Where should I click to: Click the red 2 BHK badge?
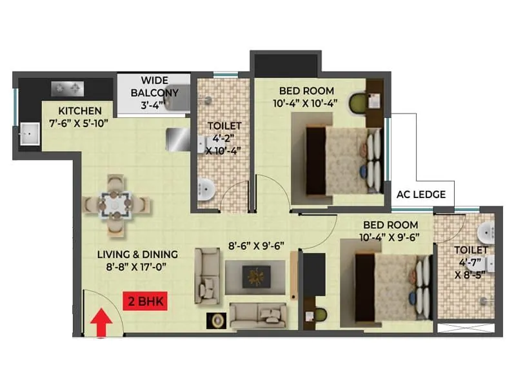point(145,301)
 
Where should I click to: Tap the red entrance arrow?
point(101,323)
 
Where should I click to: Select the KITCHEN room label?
point(79,110)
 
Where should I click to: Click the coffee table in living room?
point(255,277)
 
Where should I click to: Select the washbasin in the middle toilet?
point(205,189)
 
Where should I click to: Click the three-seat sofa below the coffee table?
point(257,314)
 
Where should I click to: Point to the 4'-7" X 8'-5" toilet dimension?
point(470,268)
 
